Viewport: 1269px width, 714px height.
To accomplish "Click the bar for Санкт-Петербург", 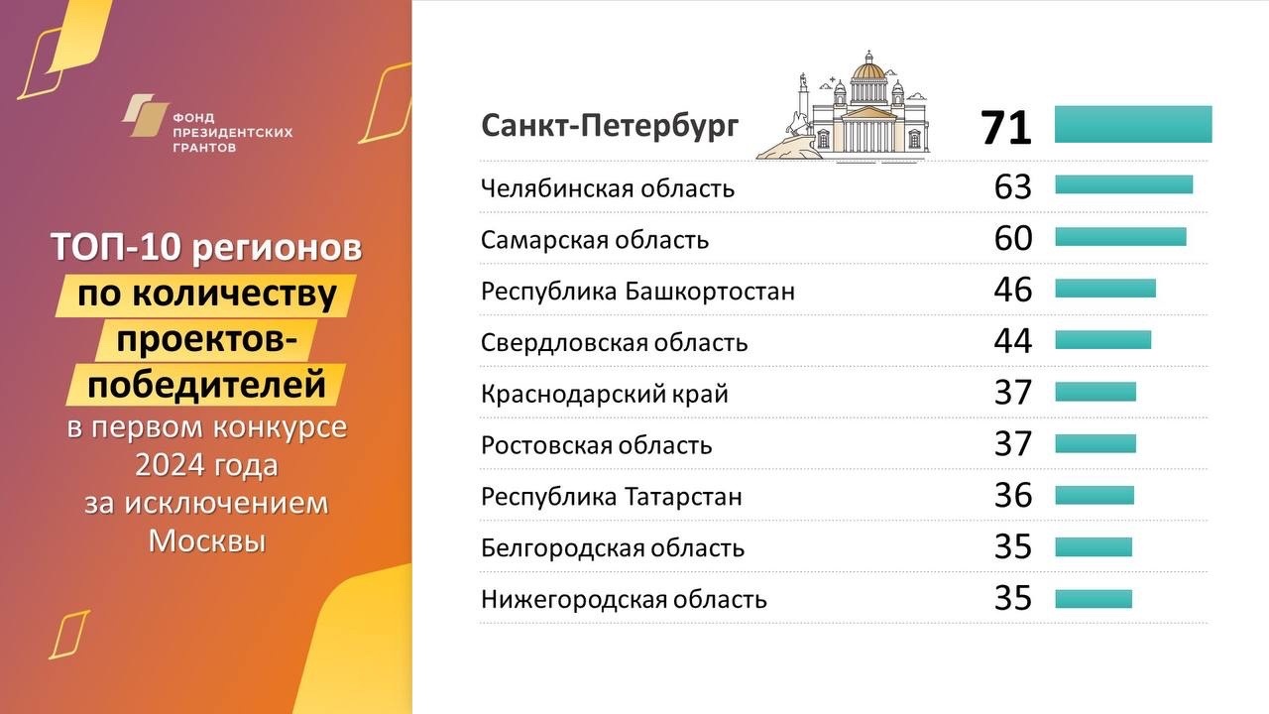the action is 1133,124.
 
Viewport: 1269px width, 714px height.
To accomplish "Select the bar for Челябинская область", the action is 1124,184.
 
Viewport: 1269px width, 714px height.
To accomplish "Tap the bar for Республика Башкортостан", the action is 1105,288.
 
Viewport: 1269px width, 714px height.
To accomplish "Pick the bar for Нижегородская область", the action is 1094,599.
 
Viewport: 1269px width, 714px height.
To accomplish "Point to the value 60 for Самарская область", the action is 1013,239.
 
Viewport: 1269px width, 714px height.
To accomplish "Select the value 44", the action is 1013,341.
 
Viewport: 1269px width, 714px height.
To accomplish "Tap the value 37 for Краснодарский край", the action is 1013,393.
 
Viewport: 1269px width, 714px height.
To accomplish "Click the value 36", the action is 1013,496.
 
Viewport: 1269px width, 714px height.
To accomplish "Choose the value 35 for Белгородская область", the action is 1013,547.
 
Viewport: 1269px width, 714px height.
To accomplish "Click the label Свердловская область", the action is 614,342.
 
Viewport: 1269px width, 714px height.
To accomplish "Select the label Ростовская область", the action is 596,445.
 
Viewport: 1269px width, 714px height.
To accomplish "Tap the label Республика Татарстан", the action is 612,497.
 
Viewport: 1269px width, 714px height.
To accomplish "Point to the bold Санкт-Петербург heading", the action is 610,126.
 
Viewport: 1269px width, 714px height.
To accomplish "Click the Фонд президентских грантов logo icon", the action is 145,116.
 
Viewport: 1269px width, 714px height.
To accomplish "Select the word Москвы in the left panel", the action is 207,540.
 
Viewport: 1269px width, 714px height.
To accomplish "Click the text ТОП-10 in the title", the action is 117,248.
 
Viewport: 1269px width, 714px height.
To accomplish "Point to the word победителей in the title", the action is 207,385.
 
